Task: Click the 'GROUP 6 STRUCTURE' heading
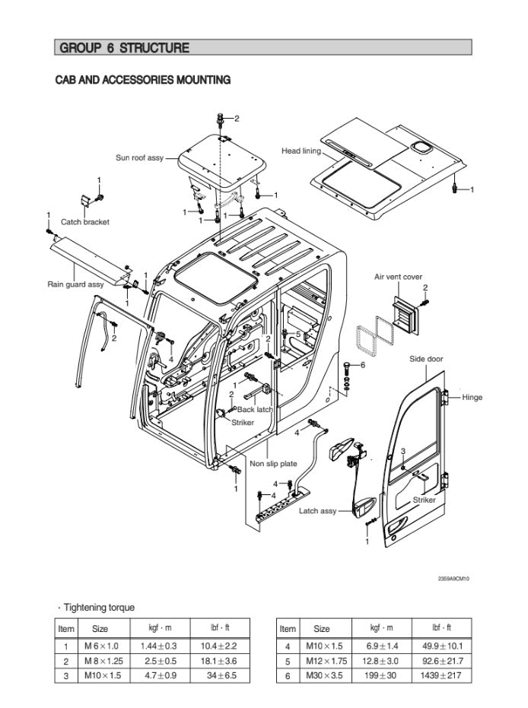coord(123,48)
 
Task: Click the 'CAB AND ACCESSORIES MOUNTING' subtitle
coord(143,80)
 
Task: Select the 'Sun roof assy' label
coord(139,158)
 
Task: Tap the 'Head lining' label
coord(301,151)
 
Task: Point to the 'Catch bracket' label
coord(85,222)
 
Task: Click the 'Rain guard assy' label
coord(75,284)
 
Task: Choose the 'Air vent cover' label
coord(398,277)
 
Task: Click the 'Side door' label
coord(426,359)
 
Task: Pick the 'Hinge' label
coord(472,397)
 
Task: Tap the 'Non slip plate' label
coord(273,463)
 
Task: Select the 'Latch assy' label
coord(317,511)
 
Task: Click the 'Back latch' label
coord(255,409)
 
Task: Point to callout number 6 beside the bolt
coord(363,365)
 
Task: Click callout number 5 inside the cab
coord(298,333)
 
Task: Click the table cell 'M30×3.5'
coord(322,675)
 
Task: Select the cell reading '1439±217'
coord(442,675)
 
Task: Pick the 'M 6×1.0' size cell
coord(101,646)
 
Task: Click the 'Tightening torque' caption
coord(99,607)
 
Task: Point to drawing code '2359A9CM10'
coord(453,579)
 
